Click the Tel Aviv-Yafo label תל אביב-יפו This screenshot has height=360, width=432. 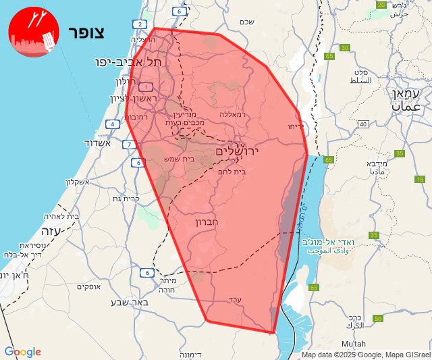pyautogui.click(x=128, y=61)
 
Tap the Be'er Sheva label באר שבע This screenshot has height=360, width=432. pyautogui.click(x=129, y=301)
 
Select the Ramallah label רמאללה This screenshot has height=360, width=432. pyautogui.click(x=233, y=115)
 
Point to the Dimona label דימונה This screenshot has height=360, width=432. pyautogui.click(x=195, y=354)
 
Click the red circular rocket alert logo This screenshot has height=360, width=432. pyautogui.click(x=32, y=33)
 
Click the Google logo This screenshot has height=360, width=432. pyautogui.click(x=22, y=352)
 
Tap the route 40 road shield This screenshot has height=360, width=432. pyautogui.click(x=362, y=124)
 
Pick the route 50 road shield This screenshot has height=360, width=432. pyautogui.click(x=378, y=318)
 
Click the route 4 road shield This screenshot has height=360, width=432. pyautogui.click(x=112, y=124)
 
